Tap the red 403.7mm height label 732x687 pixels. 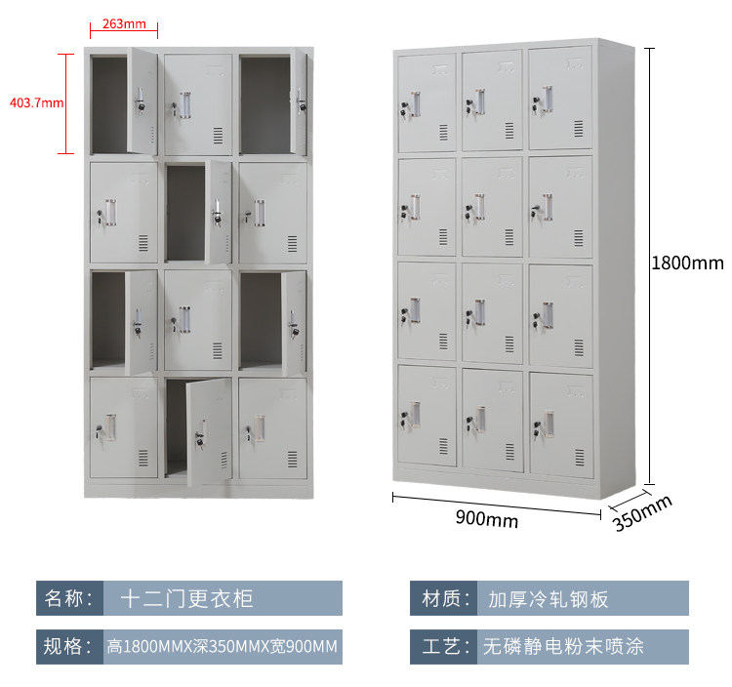coord(36,101)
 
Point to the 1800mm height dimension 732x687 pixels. coord(687,263)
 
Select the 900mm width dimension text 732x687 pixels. coord(486,520)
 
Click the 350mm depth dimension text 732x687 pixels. coord(644,514)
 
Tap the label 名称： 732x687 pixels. coord(69,597)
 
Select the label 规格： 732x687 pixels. coord(69,646)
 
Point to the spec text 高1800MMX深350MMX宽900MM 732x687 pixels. coord(223,646)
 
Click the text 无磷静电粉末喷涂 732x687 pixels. coord(563,646)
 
